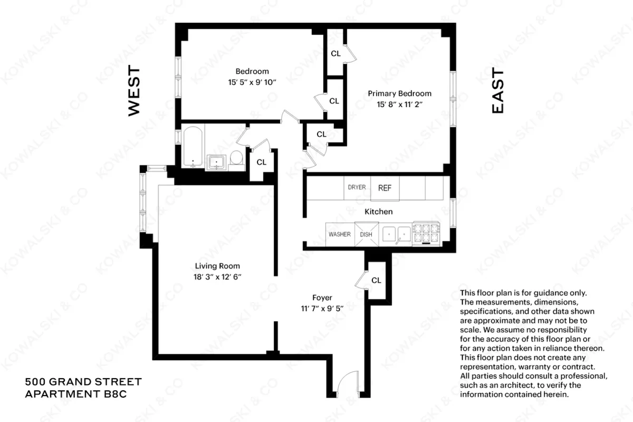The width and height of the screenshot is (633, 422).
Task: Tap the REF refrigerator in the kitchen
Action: (385, 188)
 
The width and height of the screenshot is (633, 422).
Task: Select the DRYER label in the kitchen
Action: (357, 187)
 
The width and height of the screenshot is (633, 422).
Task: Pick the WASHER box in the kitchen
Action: (339, 234)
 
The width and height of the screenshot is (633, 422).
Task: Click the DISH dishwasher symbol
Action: (366, 234)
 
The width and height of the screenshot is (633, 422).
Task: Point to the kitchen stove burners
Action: (426, 233)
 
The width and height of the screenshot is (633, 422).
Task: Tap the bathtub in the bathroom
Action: (193, 146)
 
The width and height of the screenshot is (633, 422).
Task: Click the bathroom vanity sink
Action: (216, 162)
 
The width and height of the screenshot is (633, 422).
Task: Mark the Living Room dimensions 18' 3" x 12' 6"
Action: (217, 276)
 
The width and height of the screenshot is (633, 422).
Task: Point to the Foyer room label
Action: (322, 297)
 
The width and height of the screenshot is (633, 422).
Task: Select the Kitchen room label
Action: (378, 212)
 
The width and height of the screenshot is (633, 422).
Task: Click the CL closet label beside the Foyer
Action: (376, 280)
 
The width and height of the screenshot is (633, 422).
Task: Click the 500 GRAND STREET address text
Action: (83, 381)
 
